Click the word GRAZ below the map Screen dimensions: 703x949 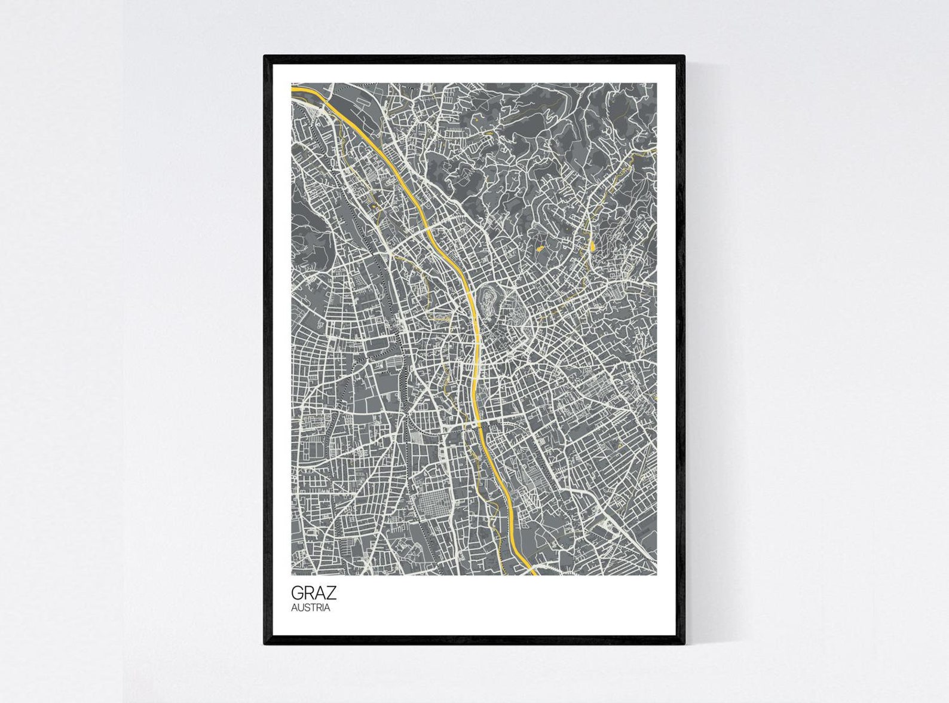314,593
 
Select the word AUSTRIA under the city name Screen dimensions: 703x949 310,608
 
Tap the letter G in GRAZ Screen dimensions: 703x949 298,593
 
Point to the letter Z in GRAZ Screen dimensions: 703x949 330,593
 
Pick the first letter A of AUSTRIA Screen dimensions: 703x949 294,608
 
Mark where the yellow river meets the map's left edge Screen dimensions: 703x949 293,89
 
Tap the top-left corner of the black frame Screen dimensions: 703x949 265,57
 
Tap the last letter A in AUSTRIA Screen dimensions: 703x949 327,608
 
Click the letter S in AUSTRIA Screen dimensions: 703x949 306,608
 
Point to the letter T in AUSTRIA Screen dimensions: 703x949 312,608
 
